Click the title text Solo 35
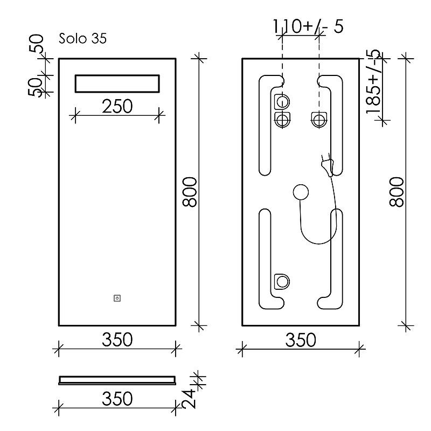82,38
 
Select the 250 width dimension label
117,106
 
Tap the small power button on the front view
117,298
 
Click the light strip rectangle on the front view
117,84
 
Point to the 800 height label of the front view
190,192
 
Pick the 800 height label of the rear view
397,192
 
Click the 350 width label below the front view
117,340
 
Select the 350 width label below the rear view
301,340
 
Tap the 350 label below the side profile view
117,399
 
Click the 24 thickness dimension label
189,399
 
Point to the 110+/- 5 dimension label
308,26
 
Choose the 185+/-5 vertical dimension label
373,82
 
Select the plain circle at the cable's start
301,192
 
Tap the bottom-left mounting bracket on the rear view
282,281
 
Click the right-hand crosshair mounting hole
319,120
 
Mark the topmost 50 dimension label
36,44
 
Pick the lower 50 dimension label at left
35,87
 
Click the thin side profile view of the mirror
117,380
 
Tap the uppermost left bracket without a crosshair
282,102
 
